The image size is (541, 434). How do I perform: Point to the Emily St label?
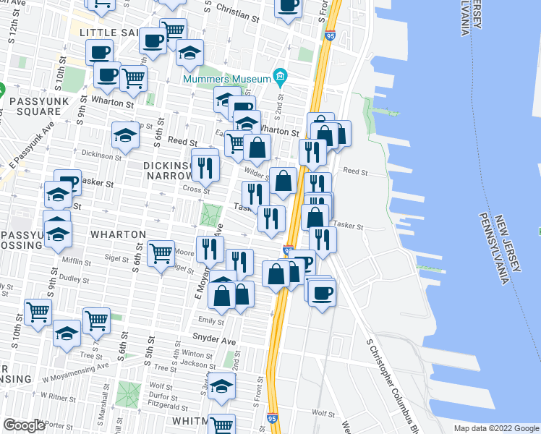(211, 320)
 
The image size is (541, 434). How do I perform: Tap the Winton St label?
(196, 354)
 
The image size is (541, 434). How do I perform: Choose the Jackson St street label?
(195, 364)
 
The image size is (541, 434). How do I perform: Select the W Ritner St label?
(52, 398)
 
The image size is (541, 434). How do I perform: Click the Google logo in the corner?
(24, 425)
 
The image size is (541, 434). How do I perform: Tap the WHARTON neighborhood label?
(119, 235)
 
